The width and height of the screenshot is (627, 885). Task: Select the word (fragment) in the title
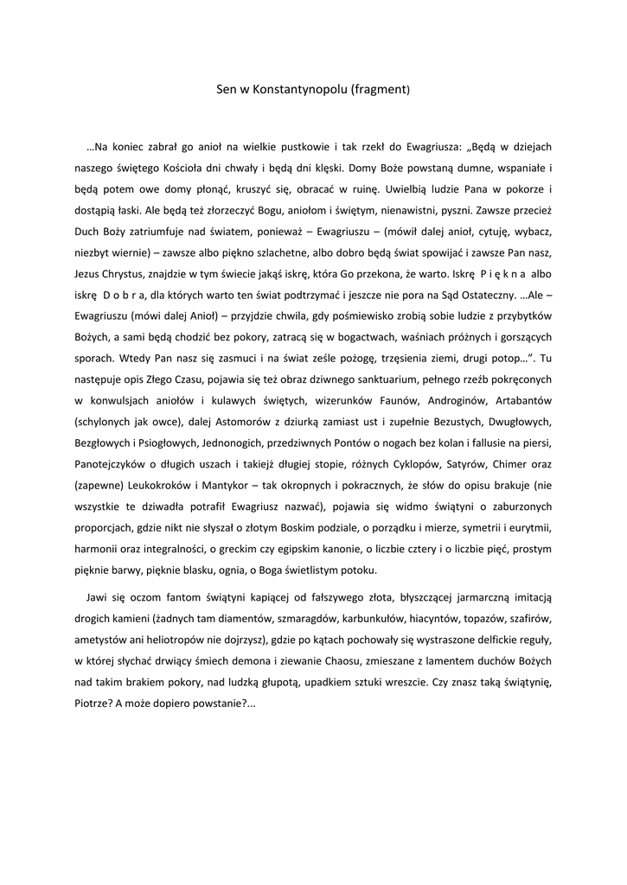[x=381, y=90]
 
